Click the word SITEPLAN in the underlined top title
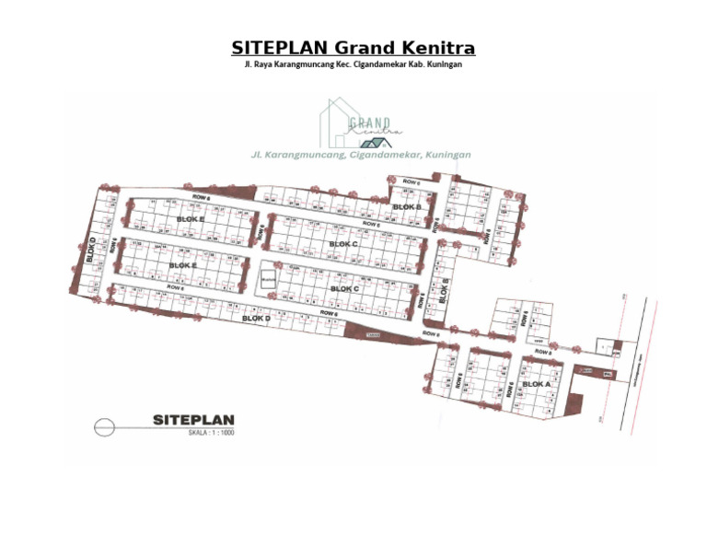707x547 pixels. point(280,48)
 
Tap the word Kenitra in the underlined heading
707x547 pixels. point(438,48)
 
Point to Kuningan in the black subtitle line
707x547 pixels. point(440,65)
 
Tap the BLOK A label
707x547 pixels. point(536,383)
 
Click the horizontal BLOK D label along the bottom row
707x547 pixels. point(256,318)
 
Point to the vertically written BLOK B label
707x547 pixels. point(444,290)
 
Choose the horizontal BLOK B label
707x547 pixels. point(406,207)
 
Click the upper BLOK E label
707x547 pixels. point(190,219)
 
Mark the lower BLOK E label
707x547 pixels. point(183,265)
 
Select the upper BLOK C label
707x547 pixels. point(342,244)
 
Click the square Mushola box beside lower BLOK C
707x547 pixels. point(268,283)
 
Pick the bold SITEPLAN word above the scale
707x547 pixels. point(193,420)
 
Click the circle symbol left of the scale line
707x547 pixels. point(103,425)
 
